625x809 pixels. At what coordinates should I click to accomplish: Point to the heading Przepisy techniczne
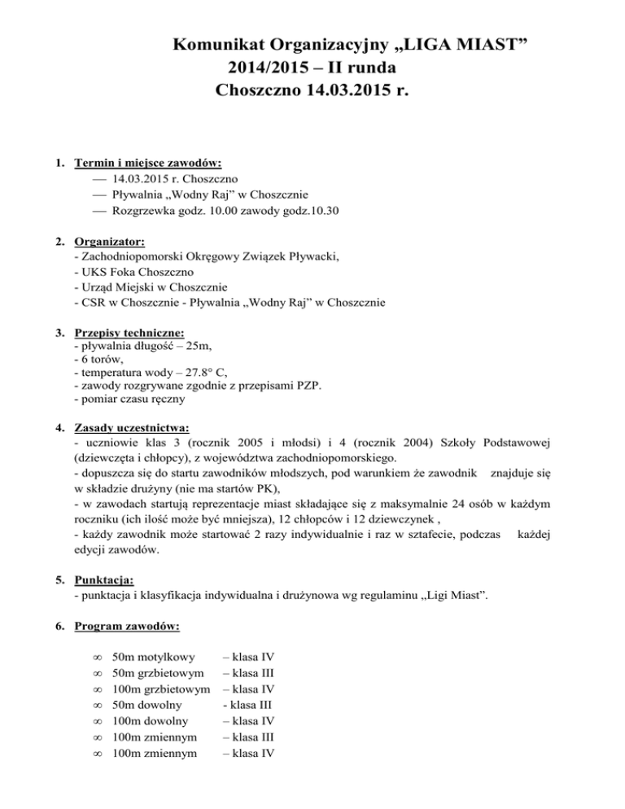pyautogui.click(x=129, y=333)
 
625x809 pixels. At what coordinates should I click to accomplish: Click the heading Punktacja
pyautogui.click(x=103, y=580)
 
